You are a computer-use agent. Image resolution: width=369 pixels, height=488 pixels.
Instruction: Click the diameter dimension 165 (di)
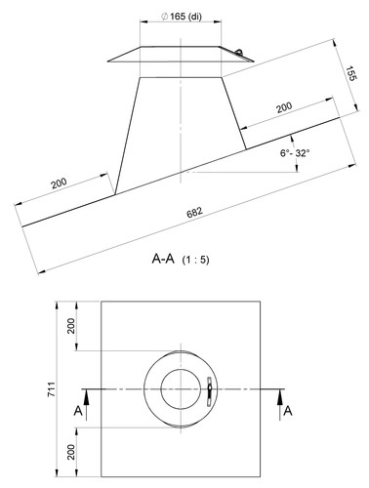[x=182, y=17]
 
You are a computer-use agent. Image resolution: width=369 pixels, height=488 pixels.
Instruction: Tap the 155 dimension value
[x=351, y=73]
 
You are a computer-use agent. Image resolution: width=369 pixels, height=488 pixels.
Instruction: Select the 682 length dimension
[x=194, y=212]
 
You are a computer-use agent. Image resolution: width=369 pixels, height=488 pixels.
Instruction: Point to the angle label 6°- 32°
[x=295, y=152]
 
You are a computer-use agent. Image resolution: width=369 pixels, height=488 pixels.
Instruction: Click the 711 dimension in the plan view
[x=52, y=389]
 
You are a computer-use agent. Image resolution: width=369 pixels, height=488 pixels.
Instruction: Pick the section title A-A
[x=163, y=259]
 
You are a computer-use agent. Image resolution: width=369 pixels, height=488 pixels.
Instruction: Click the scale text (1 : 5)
[x=195, y=260]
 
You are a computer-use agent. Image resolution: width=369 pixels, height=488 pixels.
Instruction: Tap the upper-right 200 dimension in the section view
[x=284, y=107]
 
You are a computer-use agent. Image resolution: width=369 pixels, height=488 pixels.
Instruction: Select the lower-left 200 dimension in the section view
[x=59, y=183]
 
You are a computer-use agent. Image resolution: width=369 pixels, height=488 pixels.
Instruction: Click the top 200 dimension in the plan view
[x=71, y=326]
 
